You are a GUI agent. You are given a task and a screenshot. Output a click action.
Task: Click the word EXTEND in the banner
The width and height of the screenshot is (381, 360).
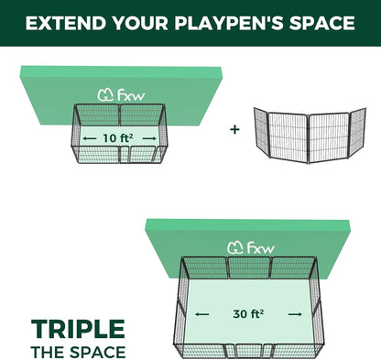(x=67, y=23)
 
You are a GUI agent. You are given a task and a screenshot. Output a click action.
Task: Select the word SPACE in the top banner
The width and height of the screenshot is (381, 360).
(x=322, y=23)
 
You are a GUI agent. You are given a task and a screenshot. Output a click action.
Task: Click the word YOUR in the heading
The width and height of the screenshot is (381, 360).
(x=141, y=23)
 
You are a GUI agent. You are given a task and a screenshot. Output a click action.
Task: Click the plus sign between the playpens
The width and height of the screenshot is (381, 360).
(x=234, y=129)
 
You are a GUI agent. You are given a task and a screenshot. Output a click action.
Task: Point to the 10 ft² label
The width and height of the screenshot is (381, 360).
(x=117, y=138)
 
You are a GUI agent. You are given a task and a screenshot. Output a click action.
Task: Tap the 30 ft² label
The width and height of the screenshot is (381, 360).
(x=248, y=313)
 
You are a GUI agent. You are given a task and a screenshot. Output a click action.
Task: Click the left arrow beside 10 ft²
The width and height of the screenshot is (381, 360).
(x=90, y=138)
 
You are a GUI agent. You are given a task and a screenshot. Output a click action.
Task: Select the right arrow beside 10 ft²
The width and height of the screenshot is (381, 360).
(x=149, y=138)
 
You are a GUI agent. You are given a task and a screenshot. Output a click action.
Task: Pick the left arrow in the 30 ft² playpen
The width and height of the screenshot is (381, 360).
(x=202, y=314)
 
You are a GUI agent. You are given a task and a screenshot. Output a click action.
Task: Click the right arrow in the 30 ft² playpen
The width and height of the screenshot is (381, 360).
(x=295, y=314)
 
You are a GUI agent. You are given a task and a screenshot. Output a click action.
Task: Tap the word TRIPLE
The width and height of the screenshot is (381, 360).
(x=78, y=329)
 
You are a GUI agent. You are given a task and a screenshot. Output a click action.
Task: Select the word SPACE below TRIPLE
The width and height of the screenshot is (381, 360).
(x=98, y=352)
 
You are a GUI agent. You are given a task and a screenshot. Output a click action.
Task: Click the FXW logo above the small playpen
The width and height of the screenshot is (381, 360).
(x=121, y=95)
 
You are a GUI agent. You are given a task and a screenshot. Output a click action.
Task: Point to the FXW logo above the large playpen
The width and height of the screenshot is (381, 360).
(x=251, y=247)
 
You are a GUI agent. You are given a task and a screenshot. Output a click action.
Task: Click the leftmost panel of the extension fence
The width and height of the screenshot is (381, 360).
(x=261, y=132)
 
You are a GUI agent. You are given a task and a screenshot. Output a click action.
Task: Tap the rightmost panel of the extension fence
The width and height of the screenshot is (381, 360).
(x=358, y=131)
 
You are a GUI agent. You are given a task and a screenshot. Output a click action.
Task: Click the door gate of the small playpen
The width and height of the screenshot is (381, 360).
(x=125, y=154)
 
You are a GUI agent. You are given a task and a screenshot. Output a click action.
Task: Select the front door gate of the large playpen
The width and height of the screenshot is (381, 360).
(x=249, y=351)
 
